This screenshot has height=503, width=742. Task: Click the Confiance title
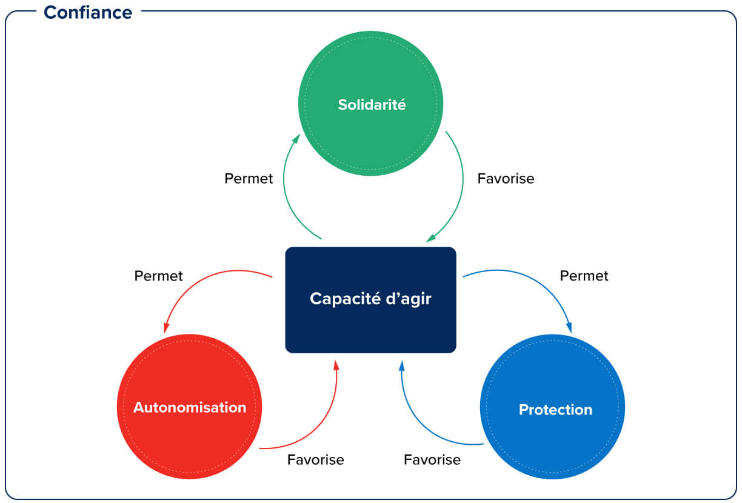click(x=88, y=12)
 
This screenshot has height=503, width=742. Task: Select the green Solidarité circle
click(x=370, y=104)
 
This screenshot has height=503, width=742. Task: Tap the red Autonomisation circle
click(x=189, y=407)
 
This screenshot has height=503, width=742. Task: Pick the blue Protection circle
click(x=552, y=407)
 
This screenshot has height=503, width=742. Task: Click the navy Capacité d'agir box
click(x=370, y=299)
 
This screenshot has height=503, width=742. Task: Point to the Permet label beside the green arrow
click(x=249, y=179)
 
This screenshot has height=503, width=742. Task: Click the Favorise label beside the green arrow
click(x=506, y=179)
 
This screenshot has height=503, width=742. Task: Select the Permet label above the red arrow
click(x=158, y=276)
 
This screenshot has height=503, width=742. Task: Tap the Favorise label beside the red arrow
click(x=315, y=459)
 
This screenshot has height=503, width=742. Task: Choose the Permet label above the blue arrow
click(x=584, y=276)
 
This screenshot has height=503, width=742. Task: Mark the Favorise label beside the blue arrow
click(x=432, y=459)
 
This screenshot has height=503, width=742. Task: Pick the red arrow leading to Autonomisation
click(x=194, y=285)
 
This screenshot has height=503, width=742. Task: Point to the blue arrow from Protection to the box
click(x=418, y=424)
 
